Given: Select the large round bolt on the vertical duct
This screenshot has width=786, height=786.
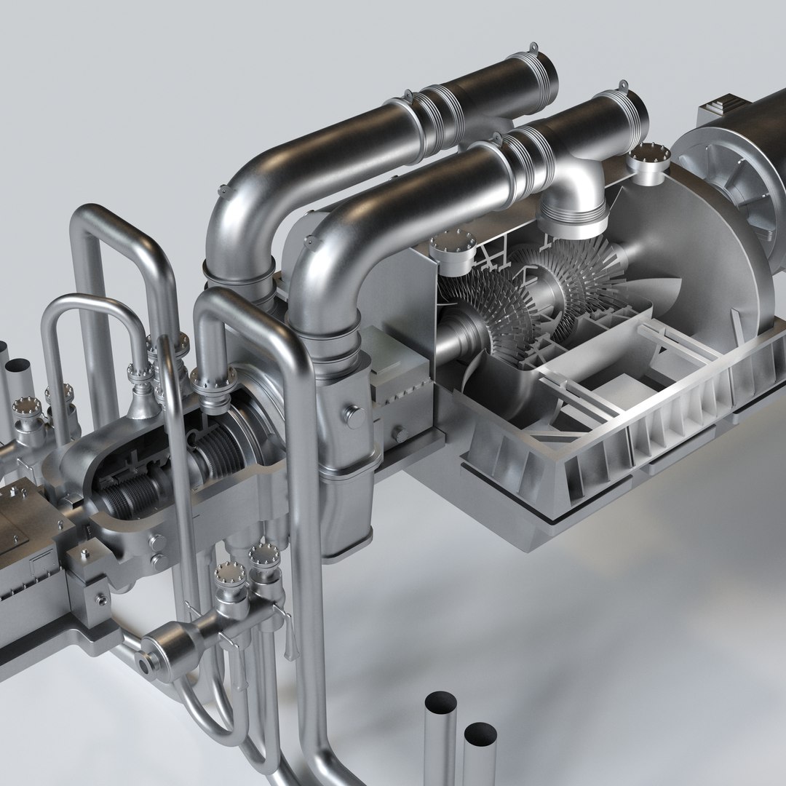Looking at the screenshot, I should coord(356,417).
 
